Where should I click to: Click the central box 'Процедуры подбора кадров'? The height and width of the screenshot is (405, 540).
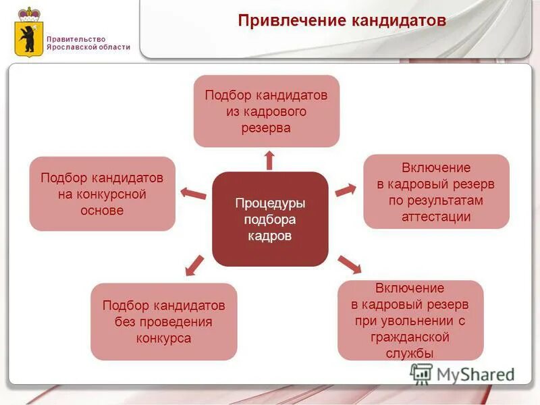click(x=270, y=219)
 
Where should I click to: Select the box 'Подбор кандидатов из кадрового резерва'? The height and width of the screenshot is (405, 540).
click(x=266, y=111)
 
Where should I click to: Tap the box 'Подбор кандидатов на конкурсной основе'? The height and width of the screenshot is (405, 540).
click(x=102, y=194)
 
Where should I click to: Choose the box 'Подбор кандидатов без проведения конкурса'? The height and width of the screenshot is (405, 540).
click(x=163, y=321)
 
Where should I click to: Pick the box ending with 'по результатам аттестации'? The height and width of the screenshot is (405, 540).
click(x=436, y=192)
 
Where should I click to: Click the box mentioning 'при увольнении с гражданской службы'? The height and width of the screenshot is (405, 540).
click(x=410, y=320)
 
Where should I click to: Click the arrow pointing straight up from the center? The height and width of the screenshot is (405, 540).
click(x=269, y=160)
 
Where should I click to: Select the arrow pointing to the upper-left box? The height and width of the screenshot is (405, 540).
click(x=194, y=194)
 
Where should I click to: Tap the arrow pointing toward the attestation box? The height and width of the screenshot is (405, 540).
click(x=345, y=190)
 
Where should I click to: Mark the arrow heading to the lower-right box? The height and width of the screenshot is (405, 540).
click(x=350, y=264)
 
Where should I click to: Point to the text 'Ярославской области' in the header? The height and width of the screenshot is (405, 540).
click(x=88, y=47)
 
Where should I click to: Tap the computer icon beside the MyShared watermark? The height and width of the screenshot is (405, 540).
click(x=422, y=373)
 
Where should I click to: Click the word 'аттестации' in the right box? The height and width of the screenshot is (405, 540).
click(x=436, y=217)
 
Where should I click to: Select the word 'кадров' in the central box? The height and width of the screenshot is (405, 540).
click(x=270, y=236)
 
